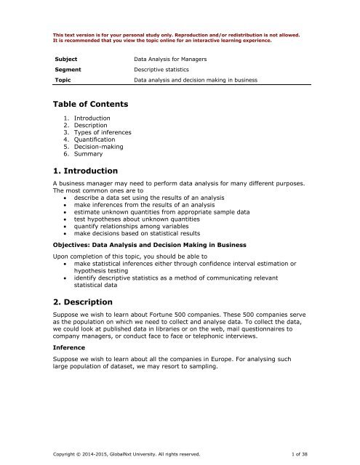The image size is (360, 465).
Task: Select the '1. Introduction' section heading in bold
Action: pyautogui.click(x=85, y=171)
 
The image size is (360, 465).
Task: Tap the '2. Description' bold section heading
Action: pyautogui.click(x=83, y=302)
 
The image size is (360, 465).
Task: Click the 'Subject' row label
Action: pyautogui.click(x=68, y=56)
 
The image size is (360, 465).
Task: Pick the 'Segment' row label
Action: pyautogui.click(x=69, y=70)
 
